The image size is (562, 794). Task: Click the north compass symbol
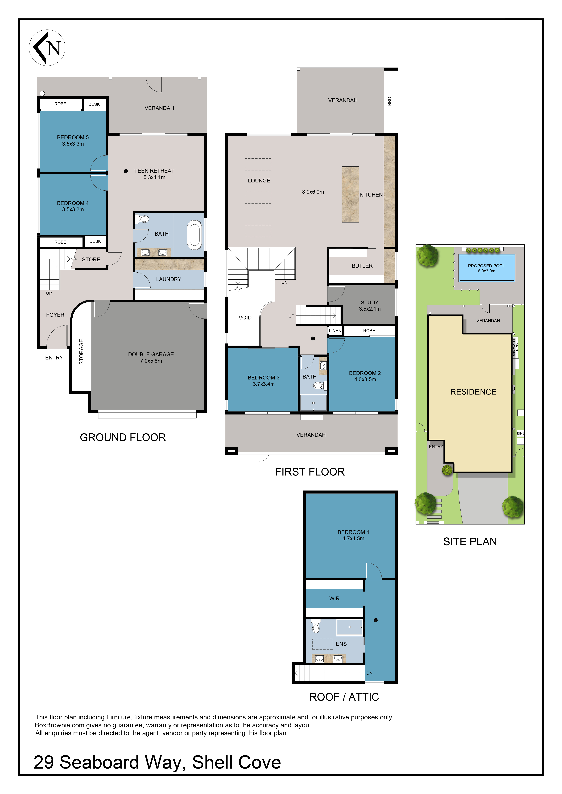[x=47, y=48]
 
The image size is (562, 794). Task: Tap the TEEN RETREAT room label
[x=154, y=171]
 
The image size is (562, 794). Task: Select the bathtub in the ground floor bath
[x=195, y=235]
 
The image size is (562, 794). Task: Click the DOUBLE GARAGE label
[x=151, y=355]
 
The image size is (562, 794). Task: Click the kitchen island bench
[x=350, y=194]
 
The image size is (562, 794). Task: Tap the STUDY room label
[x=370, y=303]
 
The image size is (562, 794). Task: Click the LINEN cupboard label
[x=335, y=331]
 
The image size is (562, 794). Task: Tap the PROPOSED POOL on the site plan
[x=487, y=268]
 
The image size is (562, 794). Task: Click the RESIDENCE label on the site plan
[x=473, y=392]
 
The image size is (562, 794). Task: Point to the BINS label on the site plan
[x=521, y=433]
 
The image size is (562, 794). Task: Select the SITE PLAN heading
[x=470, y=542]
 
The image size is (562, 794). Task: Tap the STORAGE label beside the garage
[x=81, y=352]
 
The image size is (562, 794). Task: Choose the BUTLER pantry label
[x=362, y=266]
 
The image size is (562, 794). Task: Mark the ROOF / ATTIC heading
[x=344, y=697]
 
